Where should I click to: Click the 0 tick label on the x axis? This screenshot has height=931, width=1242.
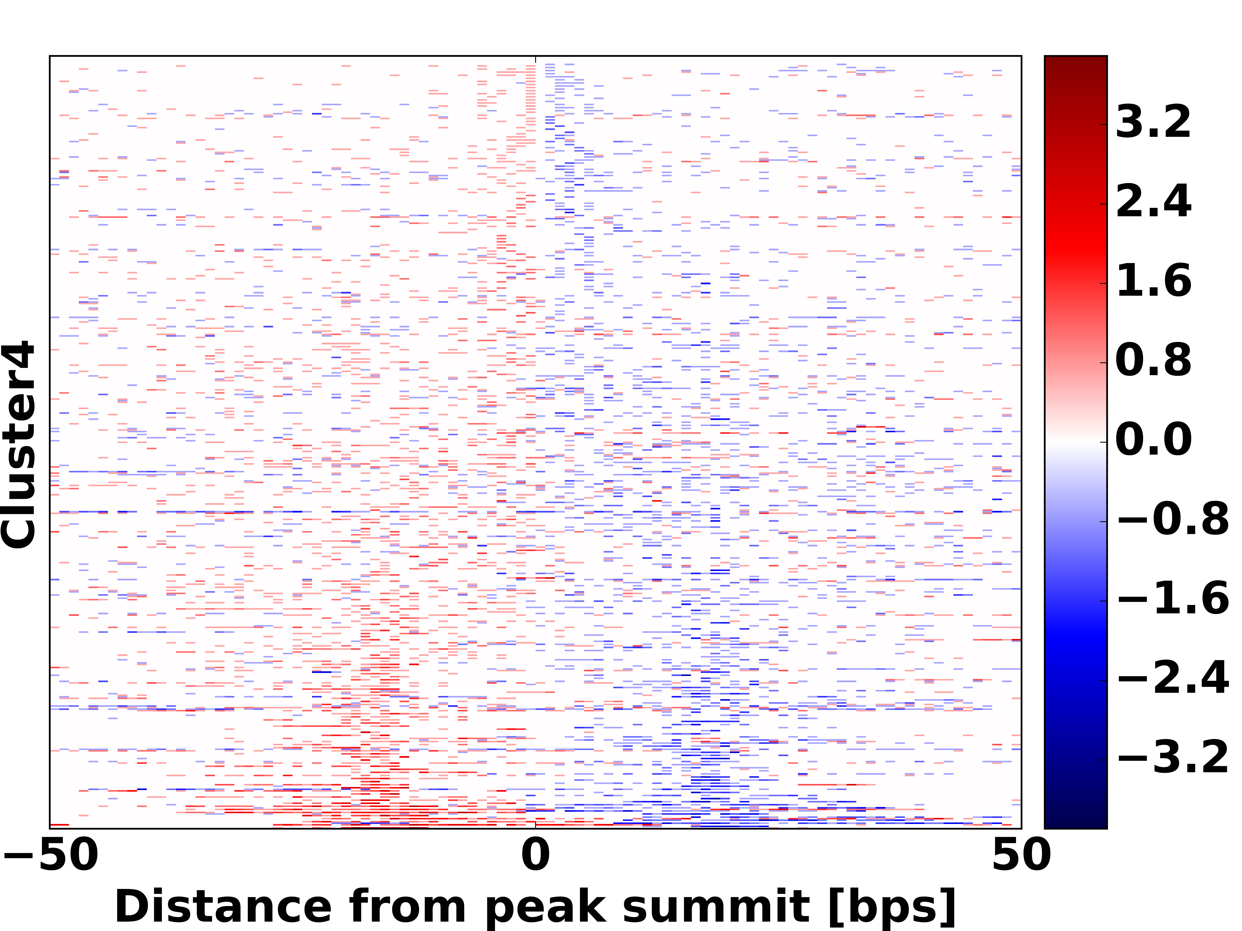pyautogui.click(x=535, y=855)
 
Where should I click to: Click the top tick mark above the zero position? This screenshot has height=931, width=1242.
pyautogui.click(x=535, y=59)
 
